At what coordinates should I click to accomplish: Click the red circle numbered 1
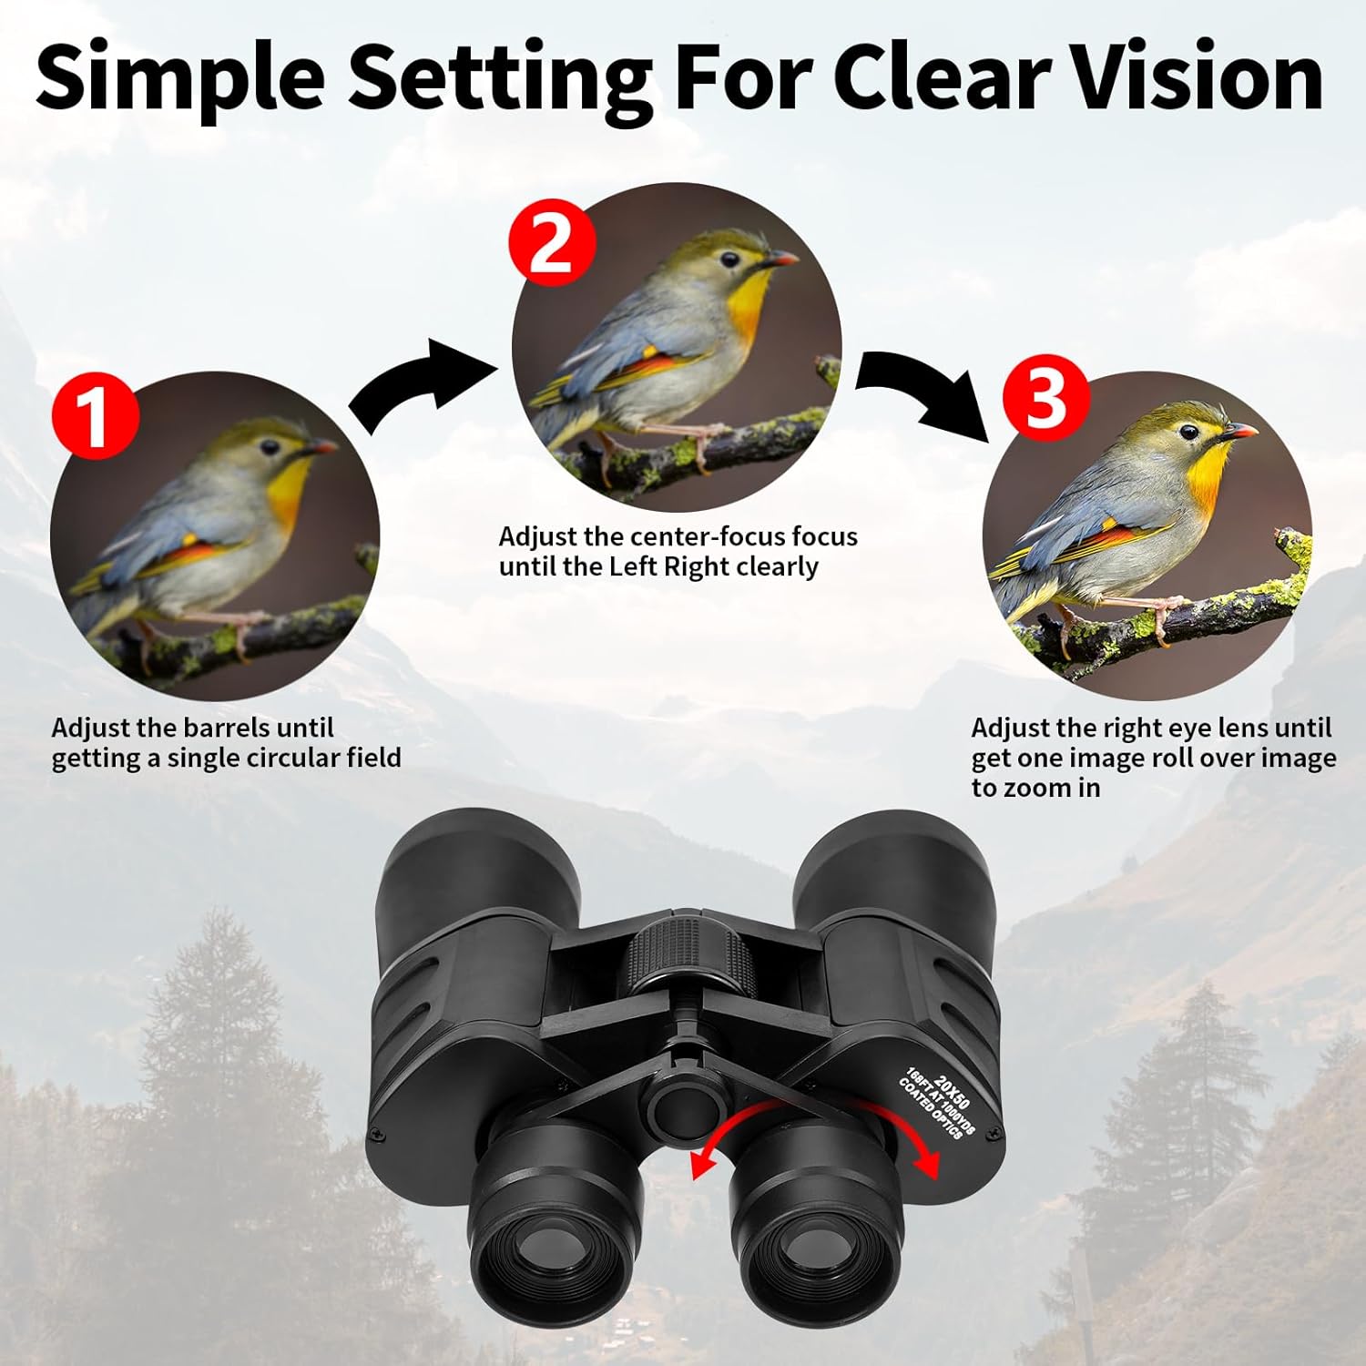coord(96,416)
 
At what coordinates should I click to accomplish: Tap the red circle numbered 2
coord(552,243)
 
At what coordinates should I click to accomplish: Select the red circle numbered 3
coord(1046,397)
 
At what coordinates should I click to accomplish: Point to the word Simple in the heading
coord(180,80)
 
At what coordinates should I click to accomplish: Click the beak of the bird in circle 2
coord(781,260)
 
